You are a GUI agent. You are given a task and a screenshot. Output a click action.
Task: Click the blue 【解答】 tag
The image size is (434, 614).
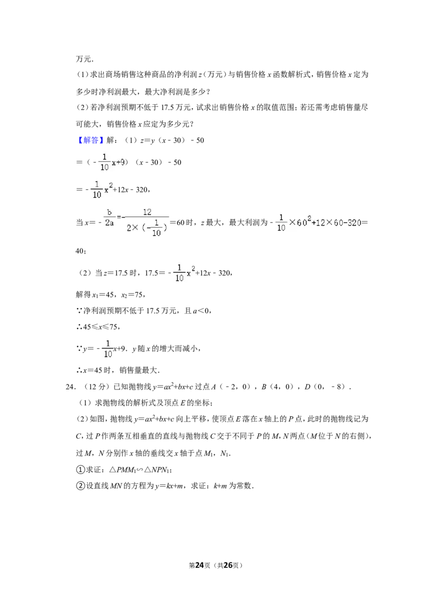pyautogui.click(x=90, y=140)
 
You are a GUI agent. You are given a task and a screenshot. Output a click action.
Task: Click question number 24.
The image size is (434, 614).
pyautogui.click(x=71, y=387)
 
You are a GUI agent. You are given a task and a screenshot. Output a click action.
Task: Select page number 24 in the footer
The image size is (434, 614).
pyautogui.click(x=200, y=565)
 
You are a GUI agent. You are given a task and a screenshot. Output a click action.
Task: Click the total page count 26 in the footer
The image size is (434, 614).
pyautogui.click(x=228, y=565)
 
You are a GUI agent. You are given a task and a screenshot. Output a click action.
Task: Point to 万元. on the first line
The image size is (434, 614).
pyautogui.click(x=85, y=59)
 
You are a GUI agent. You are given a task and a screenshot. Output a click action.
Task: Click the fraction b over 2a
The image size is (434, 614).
pyautogui.click(x=109, y=218)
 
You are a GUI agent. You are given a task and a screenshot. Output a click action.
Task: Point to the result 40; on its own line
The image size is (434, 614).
pyautogui.click(x=81, y=251)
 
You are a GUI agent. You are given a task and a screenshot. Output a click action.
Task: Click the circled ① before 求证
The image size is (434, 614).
pyautogui.click(x=80, y=470)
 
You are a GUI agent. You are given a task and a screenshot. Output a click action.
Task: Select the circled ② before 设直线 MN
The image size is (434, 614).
pyautogui.click(x=80, y=485)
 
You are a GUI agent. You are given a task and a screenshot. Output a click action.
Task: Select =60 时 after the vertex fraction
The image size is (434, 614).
pyautogui.click(x=182, y=222)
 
